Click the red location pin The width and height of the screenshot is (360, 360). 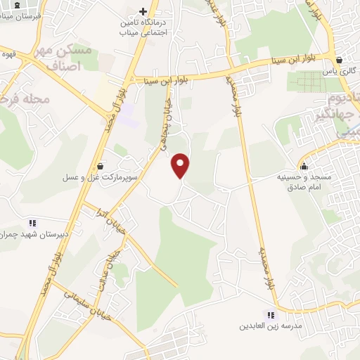point(181,165)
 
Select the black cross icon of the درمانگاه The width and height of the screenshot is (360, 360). point(143,12)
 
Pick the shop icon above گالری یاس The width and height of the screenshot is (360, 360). point(340,61)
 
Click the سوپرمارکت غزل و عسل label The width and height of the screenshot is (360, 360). point(100,178)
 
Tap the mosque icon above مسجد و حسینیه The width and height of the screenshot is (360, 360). point(304,167)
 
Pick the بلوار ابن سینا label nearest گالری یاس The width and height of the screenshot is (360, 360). point(294,62)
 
